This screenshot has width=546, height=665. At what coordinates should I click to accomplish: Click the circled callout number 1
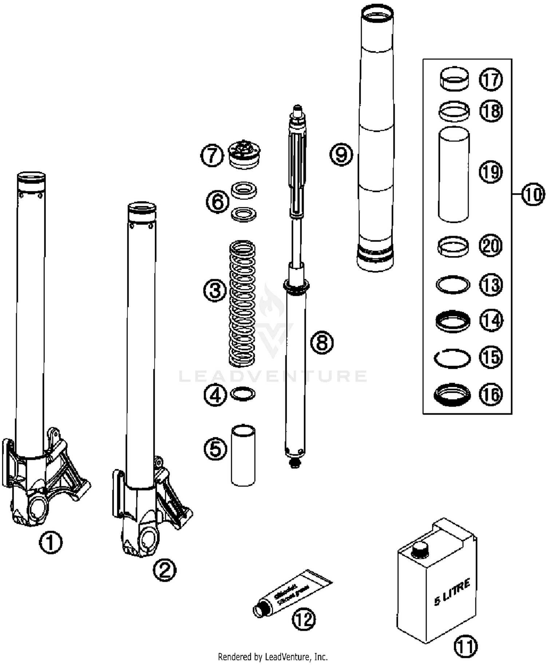tap(51, 542)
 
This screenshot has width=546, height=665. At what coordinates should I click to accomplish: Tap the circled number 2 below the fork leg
tap(165, 570)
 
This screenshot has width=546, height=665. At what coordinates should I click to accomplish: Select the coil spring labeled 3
tap(242, 304)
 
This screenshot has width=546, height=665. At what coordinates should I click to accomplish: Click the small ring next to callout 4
tap(243, 394)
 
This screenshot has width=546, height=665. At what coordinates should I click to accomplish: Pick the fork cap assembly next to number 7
tap(244, 155)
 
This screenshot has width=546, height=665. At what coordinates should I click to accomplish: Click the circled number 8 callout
tap(322, 342)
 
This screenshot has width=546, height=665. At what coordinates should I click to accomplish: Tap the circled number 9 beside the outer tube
tap(341, 154)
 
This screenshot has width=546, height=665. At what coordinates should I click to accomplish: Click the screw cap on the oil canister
tap(420, 551)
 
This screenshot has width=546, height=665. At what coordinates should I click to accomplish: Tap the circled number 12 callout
tap(304, 619)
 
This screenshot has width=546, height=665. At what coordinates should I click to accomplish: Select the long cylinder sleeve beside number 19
tap(453, 175)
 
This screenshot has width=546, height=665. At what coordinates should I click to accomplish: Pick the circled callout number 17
tap(491, 79)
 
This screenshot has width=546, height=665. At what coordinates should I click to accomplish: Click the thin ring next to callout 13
tap(453, 284)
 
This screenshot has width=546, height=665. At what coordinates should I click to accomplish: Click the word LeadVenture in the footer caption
tap(287, 656)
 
